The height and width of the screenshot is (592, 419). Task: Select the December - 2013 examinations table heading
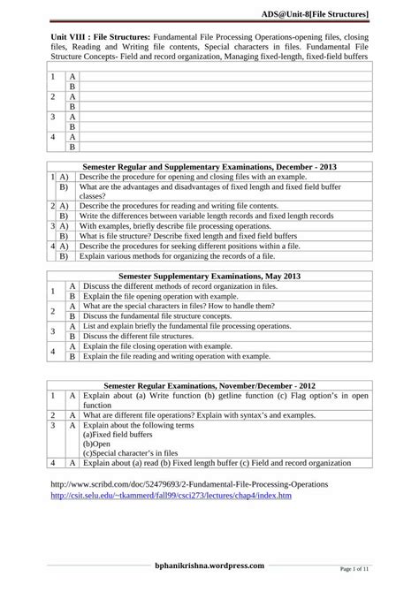(209, 166)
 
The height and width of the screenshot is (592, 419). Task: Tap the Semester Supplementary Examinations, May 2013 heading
(209, 276)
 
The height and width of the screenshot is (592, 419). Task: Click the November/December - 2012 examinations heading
(209, 386)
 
